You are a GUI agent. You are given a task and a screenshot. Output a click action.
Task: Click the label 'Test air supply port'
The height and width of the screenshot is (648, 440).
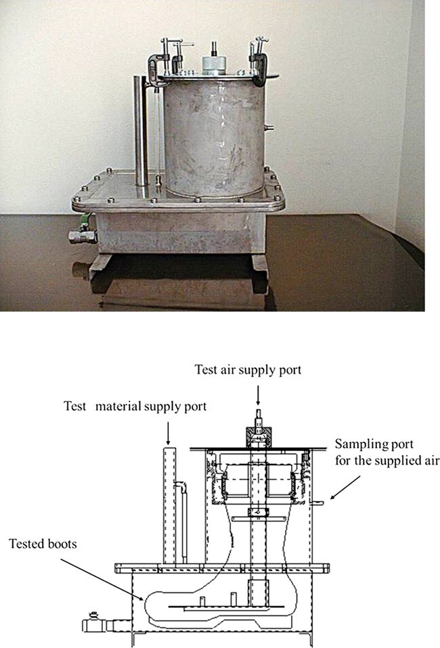pos(248,370)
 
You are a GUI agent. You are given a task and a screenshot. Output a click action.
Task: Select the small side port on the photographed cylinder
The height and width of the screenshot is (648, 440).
pos(269,126)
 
